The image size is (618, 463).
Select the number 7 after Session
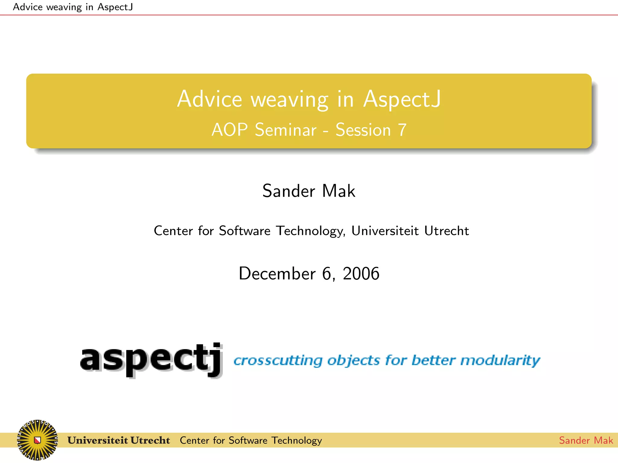pyautogui.click(x=402, y=130)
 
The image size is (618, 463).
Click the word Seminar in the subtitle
pyautogui.click(x=285, y=130)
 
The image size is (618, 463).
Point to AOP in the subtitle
pyautogui.click(x=230, y=130)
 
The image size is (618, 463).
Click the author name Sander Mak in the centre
pyautogui.click(x=309, y=191)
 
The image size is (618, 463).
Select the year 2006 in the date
pyautogui.click(x=361, y=273)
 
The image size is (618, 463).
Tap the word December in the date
pyautogui.click(x=277, y=273)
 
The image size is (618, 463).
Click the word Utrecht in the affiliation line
pyautogui.click(x=446, y=231)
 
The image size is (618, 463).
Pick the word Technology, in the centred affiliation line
pyautogui.click(x=311, y=231)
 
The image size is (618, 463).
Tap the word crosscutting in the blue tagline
pyautogui.click(x=278, y=361)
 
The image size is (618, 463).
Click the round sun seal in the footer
pyautogui.click(x=37, y=440)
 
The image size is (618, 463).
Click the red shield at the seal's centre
pyautogui.click(x=37, y=440)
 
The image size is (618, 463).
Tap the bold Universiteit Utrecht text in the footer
pyautogui.click(x=119, y=440)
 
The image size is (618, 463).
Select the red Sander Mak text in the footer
pyautogui.click(x=586, y=440)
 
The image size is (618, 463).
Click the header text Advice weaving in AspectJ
pyautogui.click(x=73, y=7)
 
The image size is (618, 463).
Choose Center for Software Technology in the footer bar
pyautogui.click(x=251, y=440)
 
